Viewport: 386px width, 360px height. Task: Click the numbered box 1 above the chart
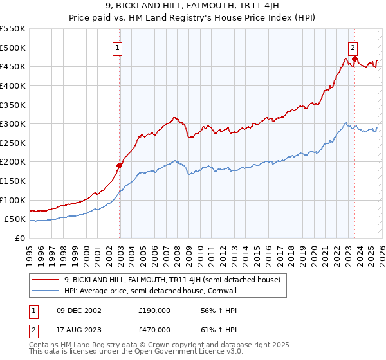(x=118, y=47)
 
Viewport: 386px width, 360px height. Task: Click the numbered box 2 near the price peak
(x=353, y=47)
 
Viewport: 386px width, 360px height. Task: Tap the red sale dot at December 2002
(x=120, y=165)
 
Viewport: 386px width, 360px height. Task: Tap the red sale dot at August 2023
(x=354, y=59)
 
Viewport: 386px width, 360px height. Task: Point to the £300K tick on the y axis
(x=13, y=123)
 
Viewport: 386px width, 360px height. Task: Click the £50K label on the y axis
(x=15, y=219)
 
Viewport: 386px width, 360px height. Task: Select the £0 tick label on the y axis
(x=21, y=238)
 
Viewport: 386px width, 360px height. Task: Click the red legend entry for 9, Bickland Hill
(x=172, y=280)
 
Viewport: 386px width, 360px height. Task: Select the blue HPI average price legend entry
(x=154, y=291)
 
